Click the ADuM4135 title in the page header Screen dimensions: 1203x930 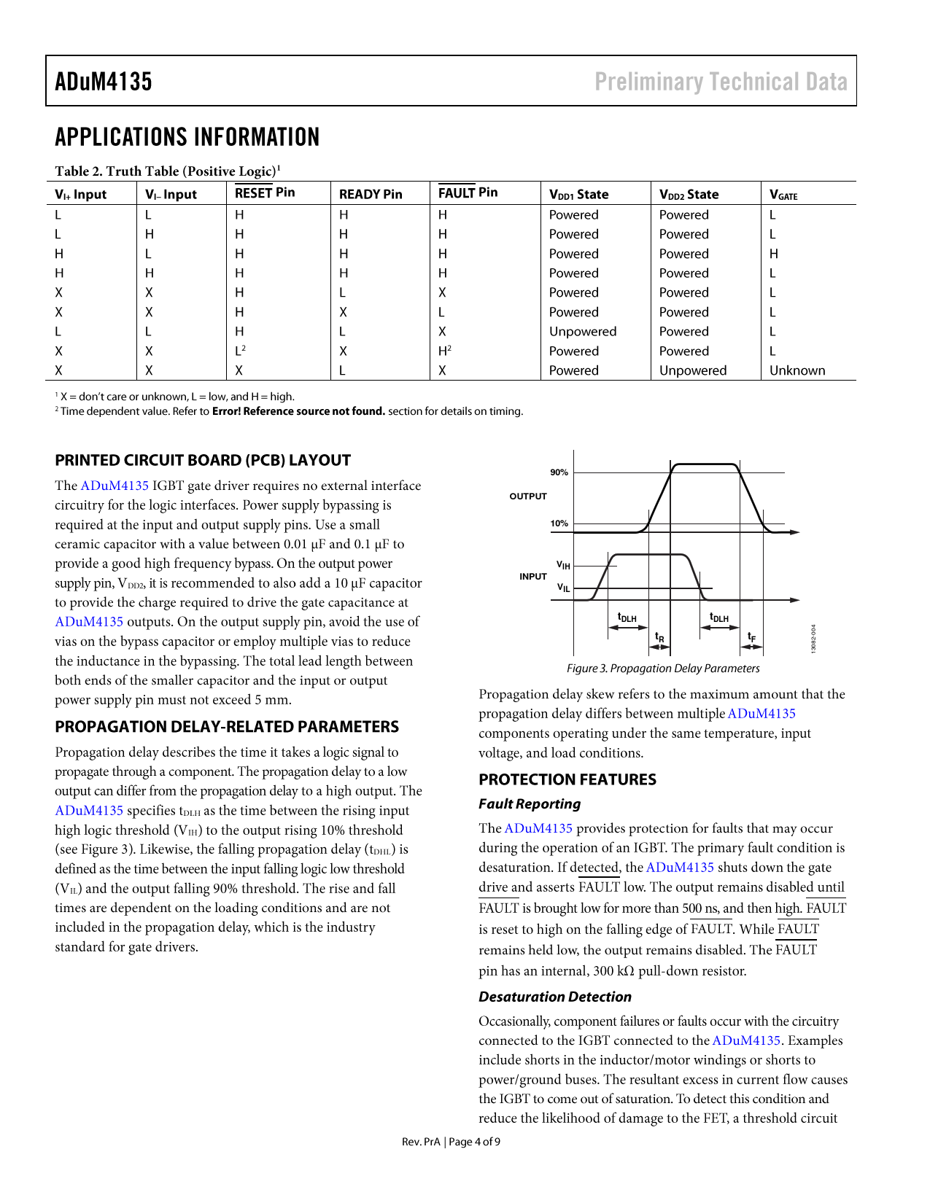click(x=104, y=81)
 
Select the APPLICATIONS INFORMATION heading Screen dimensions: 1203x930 click(x=187, y=137)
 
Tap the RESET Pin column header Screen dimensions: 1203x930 click(x=265, y=192)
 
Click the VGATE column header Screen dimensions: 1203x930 click(x=783, y=195)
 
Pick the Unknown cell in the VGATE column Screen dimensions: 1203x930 click(x=797, y=370)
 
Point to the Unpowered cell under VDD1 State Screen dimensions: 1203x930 click(x=583, y=332)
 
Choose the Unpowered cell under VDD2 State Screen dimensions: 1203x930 click(x=693, y=370)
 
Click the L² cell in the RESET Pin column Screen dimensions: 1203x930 click(x=240, y=351)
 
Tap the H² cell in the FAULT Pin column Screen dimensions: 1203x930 click(x=444, y=351)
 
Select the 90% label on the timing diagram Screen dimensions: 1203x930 click(x=559, y=472)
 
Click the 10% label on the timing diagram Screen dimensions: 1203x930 click(x=559, y=523)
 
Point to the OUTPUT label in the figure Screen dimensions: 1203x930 click(x=528, y=497)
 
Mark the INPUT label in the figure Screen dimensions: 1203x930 click(x=533, y=577)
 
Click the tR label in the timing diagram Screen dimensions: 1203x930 click(x=659, y=637)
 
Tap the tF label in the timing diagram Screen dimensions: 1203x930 click(x=751, y=637)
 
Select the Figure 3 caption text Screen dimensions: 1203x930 click(x=663, y=669)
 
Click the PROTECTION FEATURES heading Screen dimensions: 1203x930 click(x=567, y=779)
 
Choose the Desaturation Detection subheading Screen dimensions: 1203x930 click(x=555, y=997)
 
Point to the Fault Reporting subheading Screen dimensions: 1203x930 click(x=530, y=804)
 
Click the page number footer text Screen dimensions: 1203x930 click(x=451, y=1142)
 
